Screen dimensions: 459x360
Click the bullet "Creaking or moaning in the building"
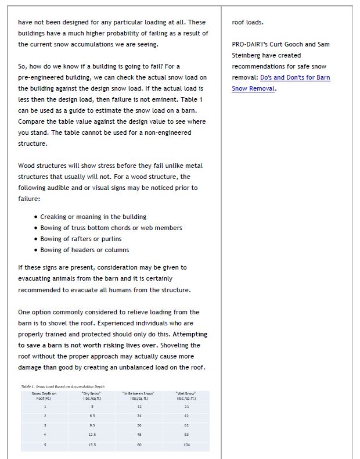coord(93,217)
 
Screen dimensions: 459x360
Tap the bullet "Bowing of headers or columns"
coord(85,250)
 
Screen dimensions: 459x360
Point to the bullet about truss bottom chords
coord(111,228)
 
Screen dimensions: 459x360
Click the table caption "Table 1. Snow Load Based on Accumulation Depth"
coord(63,386)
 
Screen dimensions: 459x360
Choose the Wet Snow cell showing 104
coord(186,444)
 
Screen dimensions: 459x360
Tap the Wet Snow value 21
coord(186,407)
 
